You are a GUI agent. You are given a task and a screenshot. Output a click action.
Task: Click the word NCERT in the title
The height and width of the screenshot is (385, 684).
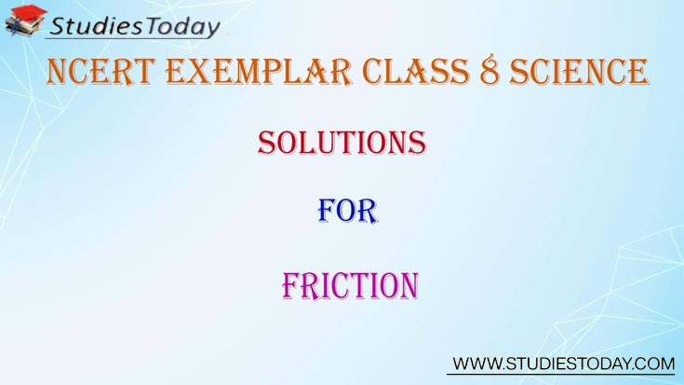101,71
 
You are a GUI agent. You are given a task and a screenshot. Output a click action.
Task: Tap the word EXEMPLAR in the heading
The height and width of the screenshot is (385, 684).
259,71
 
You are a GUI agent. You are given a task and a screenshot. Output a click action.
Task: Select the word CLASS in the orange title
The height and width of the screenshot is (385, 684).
416,71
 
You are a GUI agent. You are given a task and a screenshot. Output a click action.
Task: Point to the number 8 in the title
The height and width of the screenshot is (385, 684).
490,71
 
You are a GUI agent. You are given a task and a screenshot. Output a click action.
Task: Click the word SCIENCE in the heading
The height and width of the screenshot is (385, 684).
579,71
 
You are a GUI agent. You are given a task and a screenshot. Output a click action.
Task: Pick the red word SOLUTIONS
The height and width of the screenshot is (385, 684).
342,143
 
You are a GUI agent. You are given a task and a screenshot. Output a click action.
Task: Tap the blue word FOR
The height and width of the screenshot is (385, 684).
348,211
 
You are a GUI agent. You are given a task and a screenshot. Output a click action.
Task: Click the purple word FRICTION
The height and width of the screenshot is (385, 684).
350,286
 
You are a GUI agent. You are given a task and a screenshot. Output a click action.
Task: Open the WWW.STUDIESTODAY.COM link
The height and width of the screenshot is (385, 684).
564,364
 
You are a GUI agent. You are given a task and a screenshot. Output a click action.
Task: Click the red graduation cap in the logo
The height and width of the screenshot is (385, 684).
29,12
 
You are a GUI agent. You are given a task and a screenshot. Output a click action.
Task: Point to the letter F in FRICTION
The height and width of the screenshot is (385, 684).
292,286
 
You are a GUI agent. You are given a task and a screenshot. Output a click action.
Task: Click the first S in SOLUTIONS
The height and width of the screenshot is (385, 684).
267,143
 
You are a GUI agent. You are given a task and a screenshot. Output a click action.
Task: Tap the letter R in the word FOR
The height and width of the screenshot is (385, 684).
368,211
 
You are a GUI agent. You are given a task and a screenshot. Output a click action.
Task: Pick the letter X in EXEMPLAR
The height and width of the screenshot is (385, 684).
199,71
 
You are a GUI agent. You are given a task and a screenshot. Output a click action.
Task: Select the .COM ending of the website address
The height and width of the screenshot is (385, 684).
652,364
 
